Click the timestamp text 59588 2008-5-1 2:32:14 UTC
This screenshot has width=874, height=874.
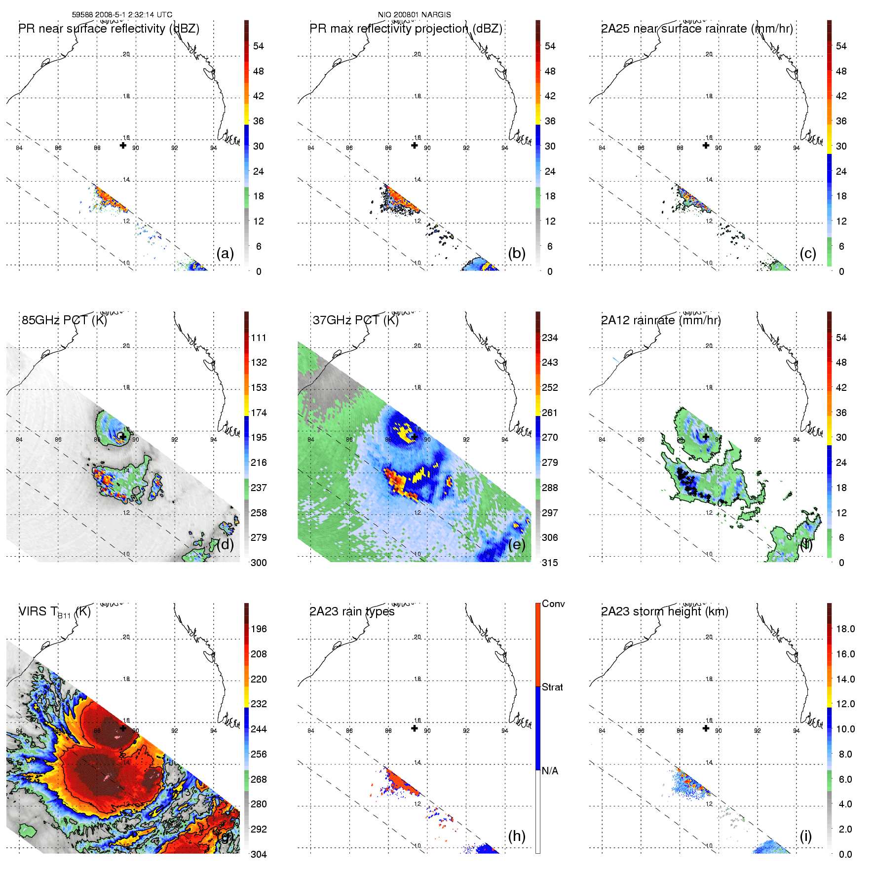(x=122, y=15)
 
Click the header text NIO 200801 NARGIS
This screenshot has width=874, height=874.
(x=414, y=15)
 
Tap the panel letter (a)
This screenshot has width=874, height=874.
(x=225, y=253)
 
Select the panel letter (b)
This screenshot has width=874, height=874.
(x=517, y=253)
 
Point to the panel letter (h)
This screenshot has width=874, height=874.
(x=517, y=836)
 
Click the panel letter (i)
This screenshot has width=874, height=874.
(x=806, y=836)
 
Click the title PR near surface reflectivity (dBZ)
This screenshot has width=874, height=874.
(x=109, y=29)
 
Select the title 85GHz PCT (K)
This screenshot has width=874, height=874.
(x=64, y=320)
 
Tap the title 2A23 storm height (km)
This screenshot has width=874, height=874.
(x=664, y=611)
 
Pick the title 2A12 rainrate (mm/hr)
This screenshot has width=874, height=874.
(x=661, y=320)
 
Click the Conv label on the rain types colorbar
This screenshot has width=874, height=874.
(x=553, y=604)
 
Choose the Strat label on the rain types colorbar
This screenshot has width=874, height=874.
(x=552, y=687)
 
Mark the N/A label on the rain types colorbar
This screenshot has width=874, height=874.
(x=550, y=771)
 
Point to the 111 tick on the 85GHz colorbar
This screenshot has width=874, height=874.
(x=259, y=338)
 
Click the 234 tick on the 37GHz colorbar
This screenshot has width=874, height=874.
(x=550, y=338)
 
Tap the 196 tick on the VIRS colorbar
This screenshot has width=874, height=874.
(x=259, y=629)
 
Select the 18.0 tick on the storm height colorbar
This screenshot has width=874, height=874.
(x=845, y=629)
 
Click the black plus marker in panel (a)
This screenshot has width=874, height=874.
(x=123, y=145)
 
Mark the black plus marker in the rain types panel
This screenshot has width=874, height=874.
(x=415, y=728)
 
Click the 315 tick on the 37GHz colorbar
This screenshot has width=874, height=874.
(x=550, y=563)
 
